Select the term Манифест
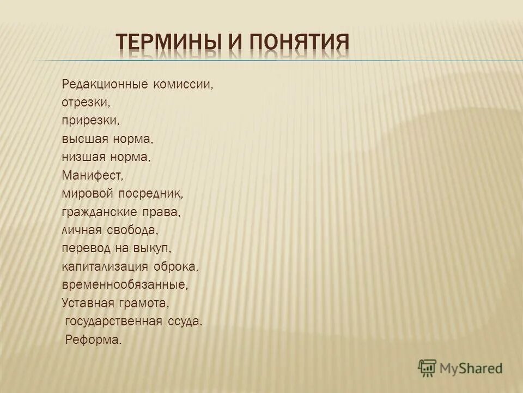93,175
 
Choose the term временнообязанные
125,284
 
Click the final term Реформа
93,339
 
